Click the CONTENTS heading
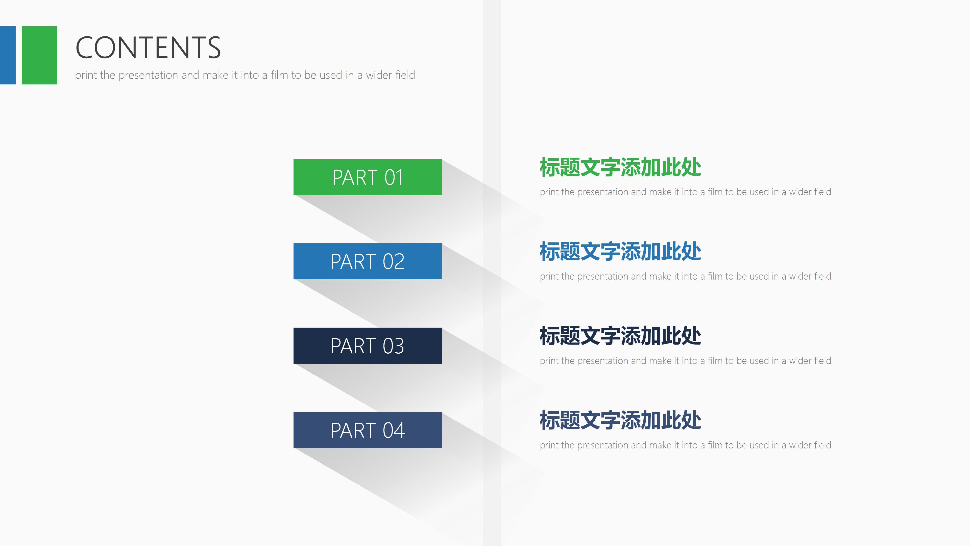(148, 48)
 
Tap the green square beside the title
(39, 55)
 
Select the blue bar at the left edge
(8, 55)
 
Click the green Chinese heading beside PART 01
(620, 167)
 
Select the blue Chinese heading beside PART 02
(620, 252)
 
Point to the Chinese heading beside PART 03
(620, 336)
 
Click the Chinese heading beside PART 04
(620, 421)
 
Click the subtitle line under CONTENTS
(245, 75)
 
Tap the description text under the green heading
(685, 192)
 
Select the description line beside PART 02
(685, 277)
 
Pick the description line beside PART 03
(685, 361)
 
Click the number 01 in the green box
(394, 177)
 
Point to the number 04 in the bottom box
(394, 430)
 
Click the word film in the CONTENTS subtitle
(279, 75)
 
